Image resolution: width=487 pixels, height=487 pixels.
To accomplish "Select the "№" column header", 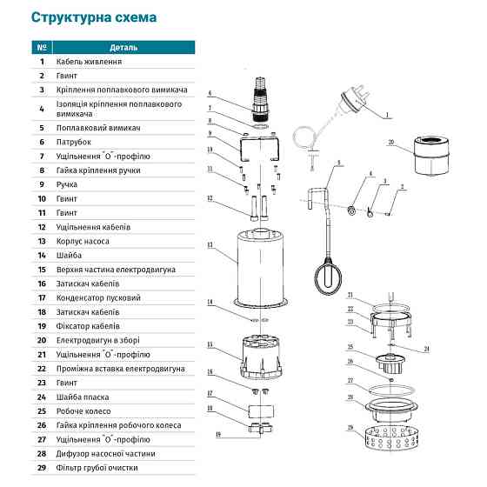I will coord(41,47).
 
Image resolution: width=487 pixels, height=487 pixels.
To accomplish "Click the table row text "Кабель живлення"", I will coord(89,62).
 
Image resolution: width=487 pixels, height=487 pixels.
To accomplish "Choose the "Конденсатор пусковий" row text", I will coord(99,297).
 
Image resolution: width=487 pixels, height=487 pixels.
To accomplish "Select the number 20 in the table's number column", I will coord(41,340).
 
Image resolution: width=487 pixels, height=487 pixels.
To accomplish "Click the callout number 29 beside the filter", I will coord(350,427).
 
